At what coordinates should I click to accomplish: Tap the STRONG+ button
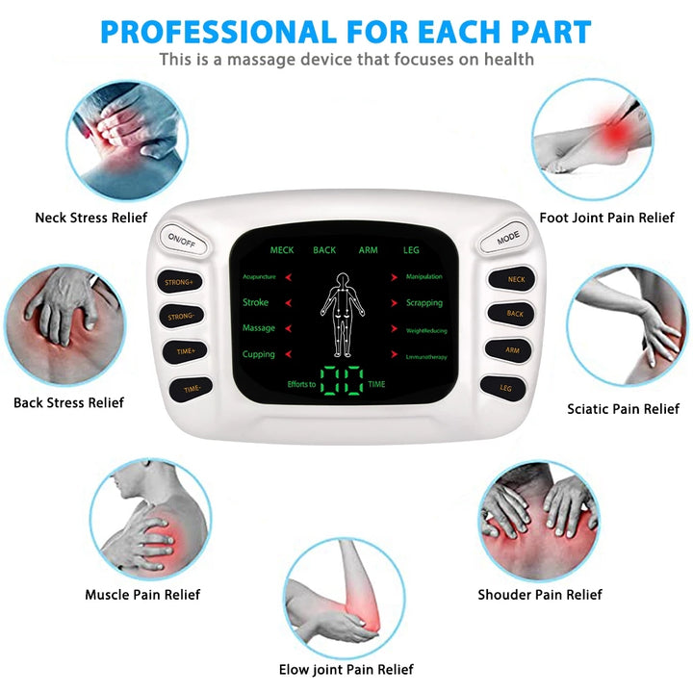point(180,282)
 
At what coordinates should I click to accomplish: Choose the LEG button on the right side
point(505,388)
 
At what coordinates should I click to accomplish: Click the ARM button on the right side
point(511,350)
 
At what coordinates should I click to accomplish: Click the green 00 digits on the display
point(342,382)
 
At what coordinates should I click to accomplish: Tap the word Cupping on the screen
point(259,354)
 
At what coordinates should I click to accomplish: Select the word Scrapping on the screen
point(424,302)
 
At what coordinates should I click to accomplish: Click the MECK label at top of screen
point(281,250)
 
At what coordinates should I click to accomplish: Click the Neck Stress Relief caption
point(91,218)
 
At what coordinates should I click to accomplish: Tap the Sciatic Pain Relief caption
point(623,409)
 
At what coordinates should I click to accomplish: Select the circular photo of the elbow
point(345,598)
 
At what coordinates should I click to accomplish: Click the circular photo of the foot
point(592,140)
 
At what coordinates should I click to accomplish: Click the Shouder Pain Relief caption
point(540,595)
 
